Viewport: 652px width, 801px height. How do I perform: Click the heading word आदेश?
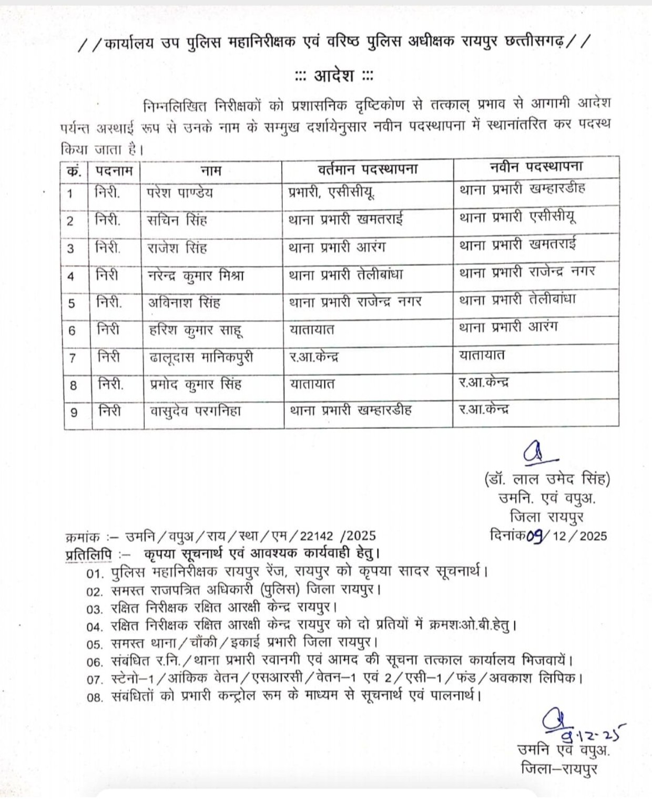click(334, 76)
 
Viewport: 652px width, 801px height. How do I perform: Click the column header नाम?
click(211, 170)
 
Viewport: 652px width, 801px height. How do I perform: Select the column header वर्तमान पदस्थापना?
click(368, 169)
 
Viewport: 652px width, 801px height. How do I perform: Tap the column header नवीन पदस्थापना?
click(535, 167)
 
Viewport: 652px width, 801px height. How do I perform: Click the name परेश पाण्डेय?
click(180, 192)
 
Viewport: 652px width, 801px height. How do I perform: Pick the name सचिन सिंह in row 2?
click(177, 220)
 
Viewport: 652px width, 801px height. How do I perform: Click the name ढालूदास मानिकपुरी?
click(200, 357)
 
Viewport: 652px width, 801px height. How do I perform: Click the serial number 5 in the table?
click(72, 303)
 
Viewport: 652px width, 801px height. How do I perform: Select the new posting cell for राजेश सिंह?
click(517, 244)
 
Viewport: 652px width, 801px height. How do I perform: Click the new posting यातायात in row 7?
click(482, 355)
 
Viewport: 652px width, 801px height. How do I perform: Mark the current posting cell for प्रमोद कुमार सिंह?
click(312, 384)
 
